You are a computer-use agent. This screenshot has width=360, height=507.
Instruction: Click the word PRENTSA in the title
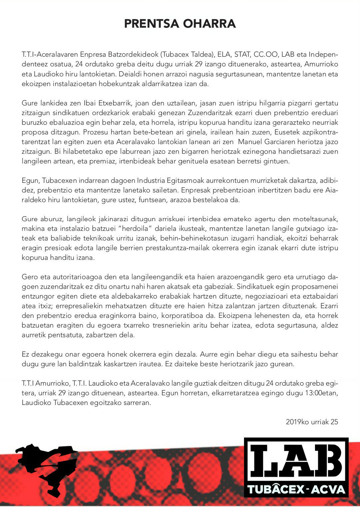coord(151,24)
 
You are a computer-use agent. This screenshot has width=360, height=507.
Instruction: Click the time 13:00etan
coord(321,393)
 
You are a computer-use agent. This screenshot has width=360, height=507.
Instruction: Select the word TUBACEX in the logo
coord(276,489)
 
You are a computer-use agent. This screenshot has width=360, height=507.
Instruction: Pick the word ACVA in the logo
coord(329,489)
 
